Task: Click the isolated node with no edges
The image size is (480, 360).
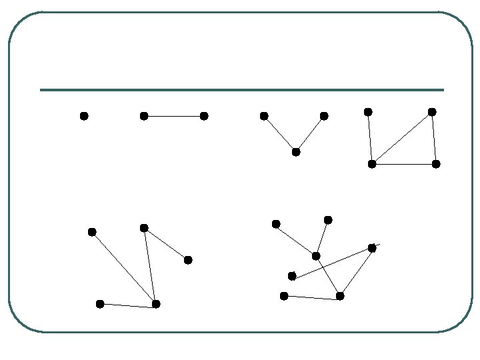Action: coord(84,116)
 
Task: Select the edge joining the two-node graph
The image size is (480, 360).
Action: coord(174,116)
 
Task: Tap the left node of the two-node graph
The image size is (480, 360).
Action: coord(144,116)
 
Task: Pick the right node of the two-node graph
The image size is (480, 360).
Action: coord(204,116)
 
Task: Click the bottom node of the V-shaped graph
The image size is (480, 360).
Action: coord(296,152)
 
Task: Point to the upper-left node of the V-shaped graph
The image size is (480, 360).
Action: coord(264,116)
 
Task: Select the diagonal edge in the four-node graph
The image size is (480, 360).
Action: coord(402,138)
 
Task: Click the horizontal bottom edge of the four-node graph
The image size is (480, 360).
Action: coord(404,164)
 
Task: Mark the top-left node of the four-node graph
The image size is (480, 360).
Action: coord(368,112)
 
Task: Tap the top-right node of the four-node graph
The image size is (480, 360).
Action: coord(432,112)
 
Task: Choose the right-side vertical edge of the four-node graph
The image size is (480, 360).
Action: coord(434,138)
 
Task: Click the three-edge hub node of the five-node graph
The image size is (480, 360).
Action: coord(156,304)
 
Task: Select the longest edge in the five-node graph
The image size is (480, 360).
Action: coord(124,268)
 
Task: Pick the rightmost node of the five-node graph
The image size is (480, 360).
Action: coord(188,260)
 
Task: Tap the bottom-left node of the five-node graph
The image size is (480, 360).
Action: coord(100,304)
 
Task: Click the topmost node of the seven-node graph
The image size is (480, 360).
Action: coord(328,220)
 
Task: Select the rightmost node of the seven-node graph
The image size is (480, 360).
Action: coord(372,248)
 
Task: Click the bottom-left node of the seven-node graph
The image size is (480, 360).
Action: coord(284,296)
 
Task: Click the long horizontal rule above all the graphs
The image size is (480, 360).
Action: coord(241,90)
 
